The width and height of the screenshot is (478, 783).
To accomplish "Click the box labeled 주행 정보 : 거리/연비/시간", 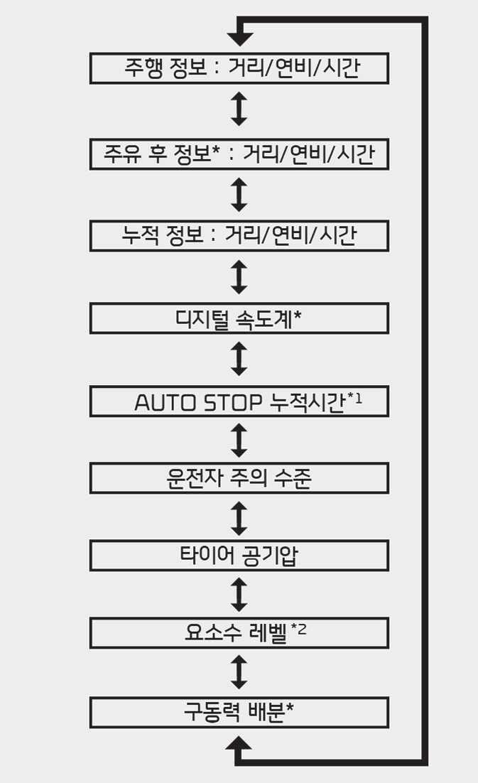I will (x=239, y=69).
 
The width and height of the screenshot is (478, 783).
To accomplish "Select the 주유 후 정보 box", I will (x=239, y=154).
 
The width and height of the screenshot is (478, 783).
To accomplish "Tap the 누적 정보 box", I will (x=239, y=236).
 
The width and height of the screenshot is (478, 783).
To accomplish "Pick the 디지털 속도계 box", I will (x=239, y=318).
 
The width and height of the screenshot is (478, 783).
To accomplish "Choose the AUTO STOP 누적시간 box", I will (x=239, y=401).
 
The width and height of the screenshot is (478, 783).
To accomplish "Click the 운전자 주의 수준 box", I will (x=239, y=478).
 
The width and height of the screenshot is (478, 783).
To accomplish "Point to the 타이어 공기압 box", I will (x=239, y=556).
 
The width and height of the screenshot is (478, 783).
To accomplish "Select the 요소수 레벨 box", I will (x=239, y=632).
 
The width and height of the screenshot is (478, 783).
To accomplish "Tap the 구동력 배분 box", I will (x=239, y=712).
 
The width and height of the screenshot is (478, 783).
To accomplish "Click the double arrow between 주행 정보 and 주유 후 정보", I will (x=239, y=110).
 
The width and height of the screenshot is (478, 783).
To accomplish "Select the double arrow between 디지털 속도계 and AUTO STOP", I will (x=239, y=360).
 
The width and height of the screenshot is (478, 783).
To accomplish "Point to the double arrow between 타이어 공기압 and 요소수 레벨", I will (x=239, y=594).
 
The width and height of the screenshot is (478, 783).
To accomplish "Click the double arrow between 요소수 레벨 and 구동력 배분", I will (x=239, y=672).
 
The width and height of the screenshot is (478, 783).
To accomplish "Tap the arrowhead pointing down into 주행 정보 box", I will (x=239, y=38).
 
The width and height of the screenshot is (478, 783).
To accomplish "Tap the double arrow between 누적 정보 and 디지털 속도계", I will (x=239, y=277).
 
